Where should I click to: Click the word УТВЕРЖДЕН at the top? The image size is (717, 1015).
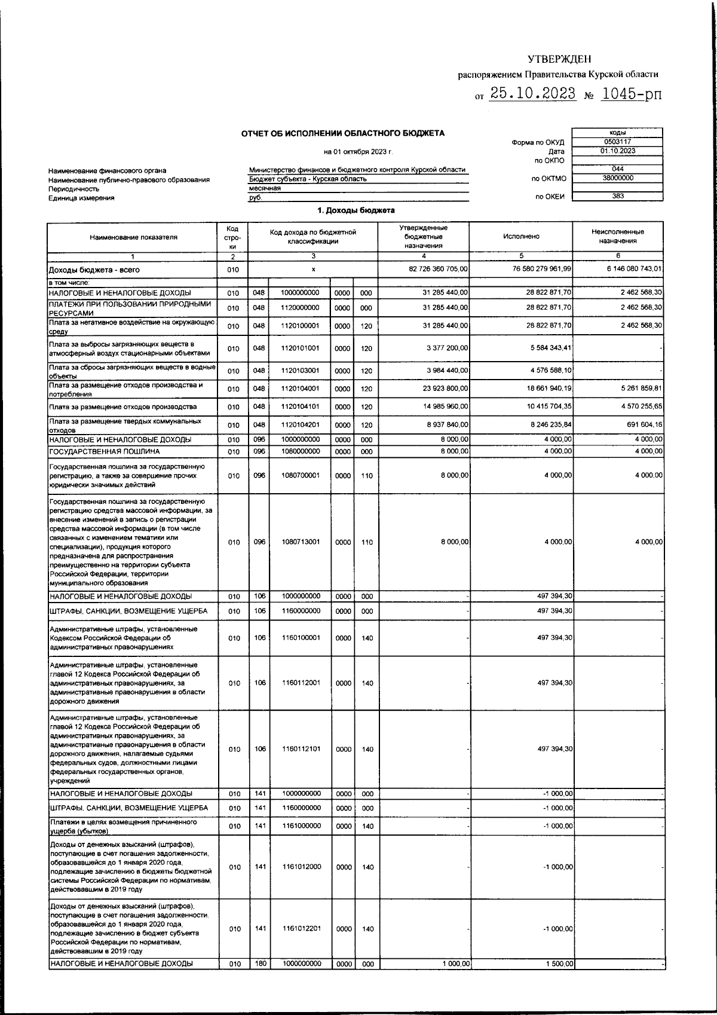click(559, 59)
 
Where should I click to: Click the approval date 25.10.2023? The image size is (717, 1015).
click(532, 94)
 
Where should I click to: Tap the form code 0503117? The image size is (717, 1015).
click(617, 142)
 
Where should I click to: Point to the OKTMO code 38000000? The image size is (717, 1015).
click(617, 178)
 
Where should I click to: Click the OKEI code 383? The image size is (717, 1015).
click(617, 196)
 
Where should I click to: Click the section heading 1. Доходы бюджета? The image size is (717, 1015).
click(356, 210)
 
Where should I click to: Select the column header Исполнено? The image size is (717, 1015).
click(521, 237)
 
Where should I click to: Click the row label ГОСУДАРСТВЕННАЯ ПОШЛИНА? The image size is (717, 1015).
click(105, 452)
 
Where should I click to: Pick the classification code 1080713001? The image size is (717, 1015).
click(301, 542)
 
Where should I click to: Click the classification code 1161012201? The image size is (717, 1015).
click(301, 928)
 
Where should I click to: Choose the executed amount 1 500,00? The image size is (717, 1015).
click(559, 964)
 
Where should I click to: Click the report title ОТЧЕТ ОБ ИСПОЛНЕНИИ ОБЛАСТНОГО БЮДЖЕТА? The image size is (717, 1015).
click(342, 133)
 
